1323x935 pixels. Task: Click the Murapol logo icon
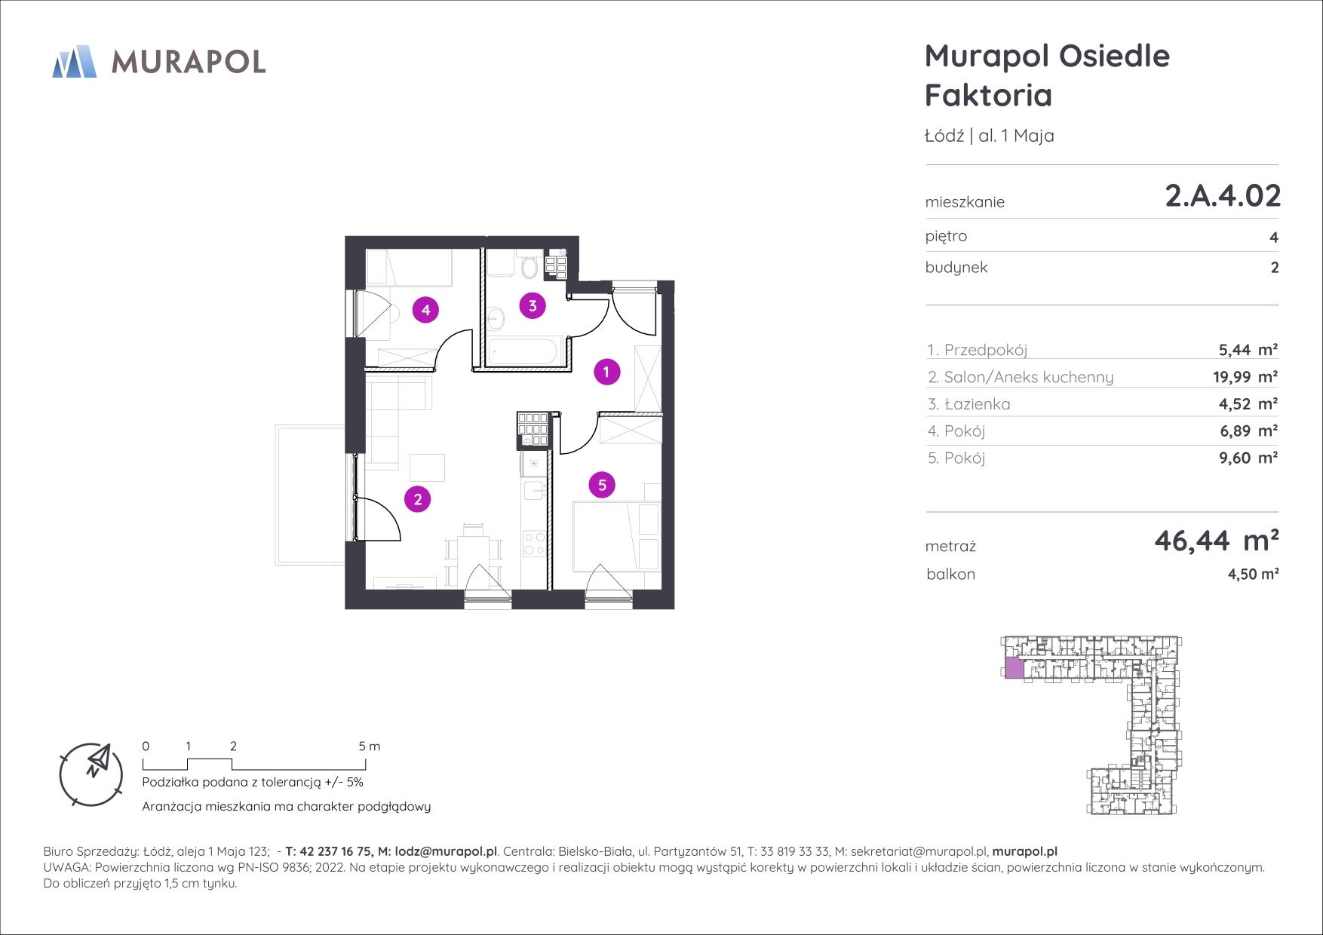pos(74,61)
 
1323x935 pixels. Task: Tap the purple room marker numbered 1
pos(606,371)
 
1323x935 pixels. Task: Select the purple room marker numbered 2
pos(417,498)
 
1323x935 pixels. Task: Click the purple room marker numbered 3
pos(533,305)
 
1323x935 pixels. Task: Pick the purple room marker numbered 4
pos(425,309)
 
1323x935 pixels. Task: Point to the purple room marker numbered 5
pos(602,485)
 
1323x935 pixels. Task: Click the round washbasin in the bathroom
pos(496,319)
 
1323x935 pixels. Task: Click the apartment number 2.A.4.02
pos(1223,196)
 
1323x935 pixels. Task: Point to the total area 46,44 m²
pos(1217,540)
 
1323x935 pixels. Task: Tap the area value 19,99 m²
pos(1245,377)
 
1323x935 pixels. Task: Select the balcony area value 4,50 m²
pos(1253,574)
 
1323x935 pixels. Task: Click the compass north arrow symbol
pos(98,759)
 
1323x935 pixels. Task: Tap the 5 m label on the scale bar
pos(370,746)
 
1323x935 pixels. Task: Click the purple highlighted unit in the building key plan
pos(1015,667)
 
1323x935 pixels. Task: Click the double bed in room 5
pos(617,536)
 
